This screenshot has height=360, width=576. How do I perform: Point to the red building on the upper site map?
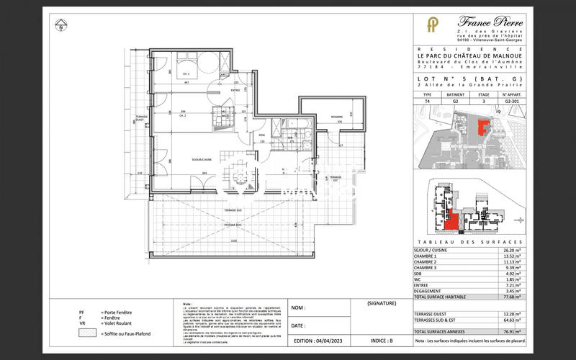[483, 127]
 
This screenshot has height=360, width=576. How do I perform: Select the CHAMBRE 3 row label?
[427, 269]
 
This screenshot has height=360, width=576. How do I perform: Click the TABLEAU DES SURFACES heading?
[469, 243]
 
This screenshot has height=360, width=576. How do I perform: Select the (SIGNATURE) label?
[382, 304]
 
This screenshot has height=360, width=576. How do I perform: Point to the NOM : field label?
[299, 308]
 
